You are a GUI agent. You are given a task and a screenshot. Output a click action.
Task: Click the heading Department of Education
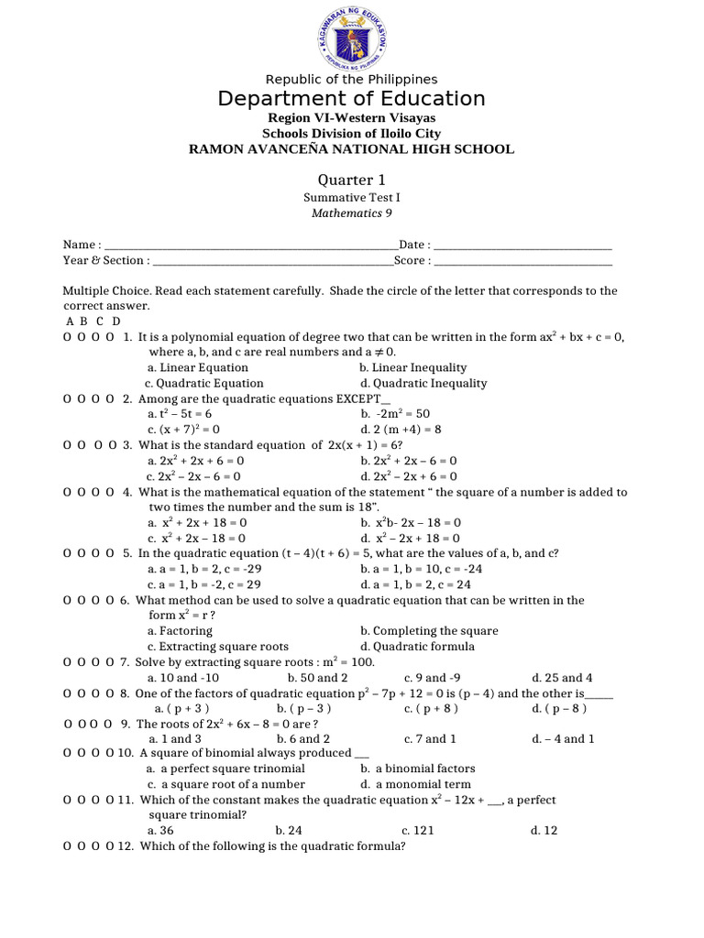351,99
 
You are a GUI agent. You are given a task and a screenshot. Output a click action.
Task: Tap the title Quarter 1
351,180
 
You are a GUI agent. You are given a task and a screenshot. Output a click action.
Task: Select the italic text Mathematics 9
351,213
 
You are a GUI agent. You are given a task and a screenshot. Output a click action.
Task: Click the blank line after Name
252,245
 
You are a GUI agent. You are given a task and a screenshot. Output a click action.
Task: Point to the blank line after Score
522,261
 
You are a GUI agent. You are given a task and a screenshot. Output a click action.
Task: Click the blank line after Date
522,245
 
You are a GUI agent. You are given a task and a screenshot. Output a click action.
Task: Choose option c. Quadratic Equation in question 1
204,384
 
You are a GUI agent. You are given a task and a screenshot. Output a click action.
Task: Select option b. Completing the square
429,631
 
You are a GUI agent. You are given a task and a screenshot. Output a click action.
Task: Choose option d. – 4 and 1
563,739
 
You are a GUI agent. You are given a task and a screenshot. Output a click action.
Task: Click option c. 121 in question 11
418,831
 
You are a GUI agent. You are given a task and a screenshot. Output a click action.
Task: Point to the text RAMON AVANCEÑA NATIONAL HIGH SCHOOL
351,149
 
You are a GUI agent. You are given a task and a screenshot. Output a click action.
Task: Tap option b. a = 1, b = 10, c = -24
422,569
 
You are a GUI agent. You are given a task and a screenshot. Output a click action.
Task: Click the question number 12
126,846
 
